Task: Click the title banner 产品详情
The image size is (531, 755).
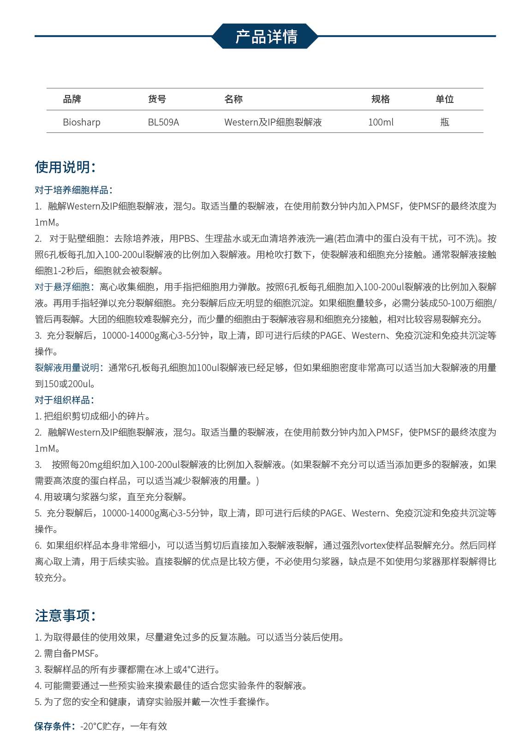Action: point(266,36)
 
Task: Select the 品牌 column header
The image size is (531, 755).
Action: point(72,99)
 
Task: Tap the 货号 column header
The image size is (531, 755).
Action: point(157,99)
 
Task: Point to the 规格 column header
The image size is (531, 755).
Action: point(381,99)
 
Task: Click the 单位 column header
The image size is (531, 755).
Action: point(444,99)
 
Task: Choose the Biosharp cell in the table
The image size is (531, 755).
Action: point(82,122)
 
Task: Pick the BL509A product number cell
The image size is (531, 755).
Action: point(163,122)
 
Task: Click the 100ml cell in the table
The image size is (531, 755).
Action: point(381,122)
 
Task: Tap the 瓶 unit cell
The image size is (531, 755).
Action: point(444,122)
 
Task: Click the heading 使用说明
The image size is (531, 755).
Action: point(65,167)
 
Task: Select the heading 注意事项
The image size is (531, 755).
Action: point(65,616)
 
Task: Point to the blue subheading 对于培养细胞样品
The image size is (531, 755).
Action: point(73,190)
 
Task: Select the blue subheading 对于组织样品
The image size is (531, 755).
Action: point(64,400)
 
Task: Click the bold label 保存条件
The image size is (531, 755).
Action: point(54,726)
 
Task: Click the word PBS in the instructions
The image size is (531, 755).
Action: point(187,239)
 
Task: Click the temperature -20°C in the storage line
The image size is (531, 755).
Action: point(91,726)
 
